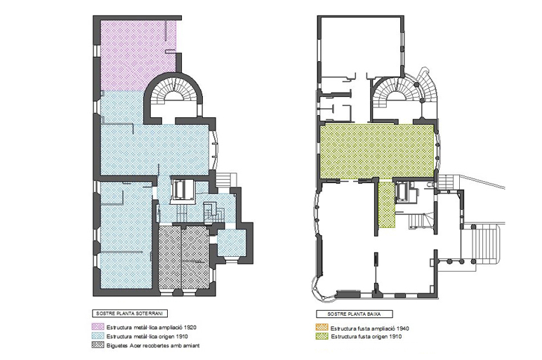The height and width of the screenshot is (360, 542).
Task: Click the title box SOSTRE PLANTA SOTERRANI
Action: pyautogui.click(x=130, y=314)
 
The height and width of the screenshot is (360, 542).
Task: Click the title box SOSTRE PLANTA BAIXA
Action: pyautogui.click(x=355, y=314)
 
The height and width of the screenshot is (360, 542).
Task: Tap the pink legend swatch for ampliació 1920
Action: pyautogui.click(x=98, y=326)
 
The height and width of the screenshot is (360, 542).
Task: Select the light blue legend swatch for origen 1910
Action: pyautogui.click(x=98, y=336)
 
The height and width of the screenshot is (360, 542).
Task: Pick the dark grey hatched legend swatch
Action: pyautogui.click(x=98, y=345)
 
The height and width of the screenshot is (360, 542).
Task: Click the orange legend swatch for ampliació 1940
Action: pyautogui.click(x=322, y=328)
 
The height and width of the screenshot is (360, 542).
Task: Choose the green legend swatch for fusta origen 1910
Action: pyautogui.click(x=322, y=336)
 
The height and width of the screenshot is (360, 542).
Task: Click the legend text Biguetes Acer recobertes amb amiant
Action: pyautogui.click(x=153, y=345)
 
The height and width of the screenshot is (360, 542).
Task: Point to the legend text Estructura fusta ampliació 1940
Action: pyautogui.click(x=370, y=328)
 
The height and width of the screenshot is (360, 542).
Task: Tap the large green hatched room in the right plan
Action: pyautogui.click(x=377, y=151)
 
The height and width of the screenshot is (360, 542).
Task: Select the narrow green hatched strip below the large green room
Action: pyautogui.click(x=386, y=204)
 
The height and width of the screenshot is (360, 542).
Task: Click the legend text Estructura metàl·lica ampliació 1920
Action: pyautogui.click(x=152, y=327)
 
